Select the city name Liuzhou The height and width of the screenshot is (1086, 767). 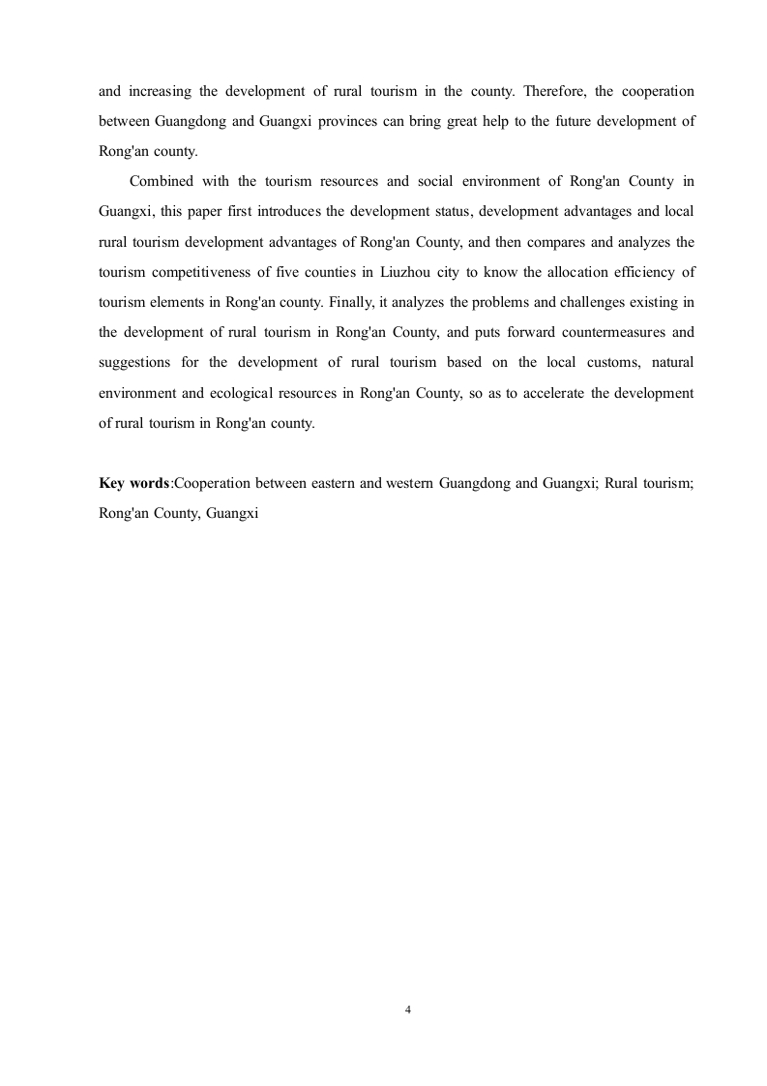[x=409, y=272]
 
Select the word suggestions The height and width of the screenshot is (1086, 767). [x=135, y=362]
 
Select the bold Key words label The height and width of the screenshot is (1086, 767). [x=133, y=484]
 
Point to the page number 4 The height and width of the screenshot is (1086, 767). [x=407, y=1011]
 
